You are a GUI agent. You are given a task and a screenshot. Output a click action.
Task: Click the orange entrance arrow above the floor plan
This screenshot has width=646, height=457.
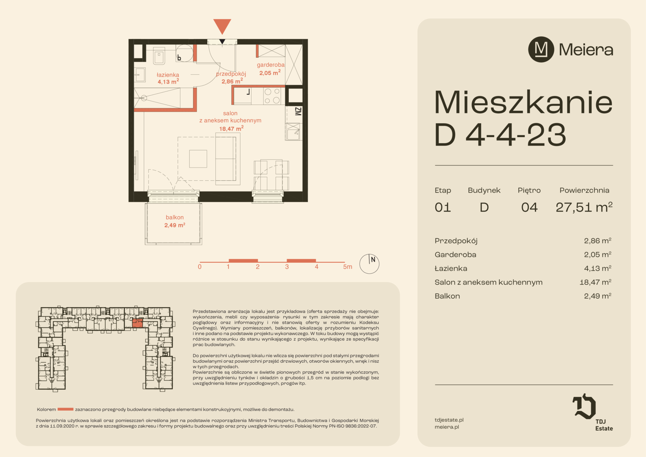222,26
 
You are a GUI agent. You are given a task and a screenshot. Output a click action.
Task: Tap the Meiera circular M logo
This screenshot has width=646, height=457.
541,50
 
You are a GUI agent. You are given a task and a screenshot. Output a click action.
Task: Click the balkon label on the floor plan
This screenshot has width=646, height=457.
175,221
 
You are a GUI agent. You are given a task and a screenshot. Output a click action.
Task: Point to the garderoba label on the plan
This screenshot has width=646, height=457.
270,69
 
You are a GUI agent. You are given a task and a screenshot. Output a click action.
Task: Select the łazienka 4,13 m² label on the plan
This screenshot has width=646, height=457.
168,78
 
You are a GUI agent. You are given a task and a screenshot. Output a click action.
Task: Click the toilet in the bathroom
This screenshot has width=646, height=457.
159,56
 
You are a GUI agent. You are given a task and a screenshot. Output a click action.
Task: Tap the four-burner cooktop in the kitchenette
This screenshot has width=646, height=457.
272,96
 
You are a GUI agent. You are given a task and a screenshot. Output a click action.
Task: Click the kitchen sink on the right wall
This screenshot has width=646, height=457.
293,132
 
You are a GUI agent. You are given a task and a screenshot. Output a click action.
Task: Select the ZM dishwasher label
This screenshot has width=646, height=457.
298,111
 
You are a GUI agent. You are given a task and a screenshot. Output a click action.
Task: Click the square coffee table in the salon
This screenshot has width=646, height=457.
198,159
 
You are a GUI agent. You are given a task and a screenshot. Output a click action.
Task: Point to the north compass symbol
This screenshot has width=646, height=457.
369,264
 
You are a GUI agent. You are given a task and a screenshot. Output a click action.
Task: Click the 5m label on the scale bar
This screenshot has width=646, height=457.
348,267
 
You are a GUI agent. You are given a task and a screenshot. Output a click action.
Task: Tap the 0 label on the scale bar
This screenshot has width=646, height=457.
200,267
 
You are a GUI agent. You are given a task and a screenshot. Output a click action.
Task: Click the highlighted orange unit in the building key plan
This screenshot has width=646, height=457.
137,323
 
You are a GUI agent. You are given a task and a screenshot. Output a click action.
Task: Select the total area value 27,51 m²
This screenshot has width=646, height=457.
584,207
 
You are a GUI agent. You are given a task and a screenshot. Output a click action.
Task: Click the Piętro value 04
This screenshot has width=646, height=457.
529,207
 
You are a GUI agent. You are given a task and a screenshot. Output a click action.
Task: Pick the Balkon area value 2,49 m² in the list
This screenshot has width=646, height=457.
597,296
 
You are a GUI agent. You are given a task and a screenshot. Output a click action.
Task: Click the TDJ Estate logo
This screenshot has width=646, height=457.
592,412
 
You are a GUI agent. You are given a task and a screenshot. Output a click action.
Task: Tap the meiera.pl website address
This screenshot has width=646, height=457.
447,427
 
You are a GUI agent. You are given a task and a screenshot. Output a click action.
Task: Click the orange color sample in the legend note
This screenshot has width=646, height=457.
66,409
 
